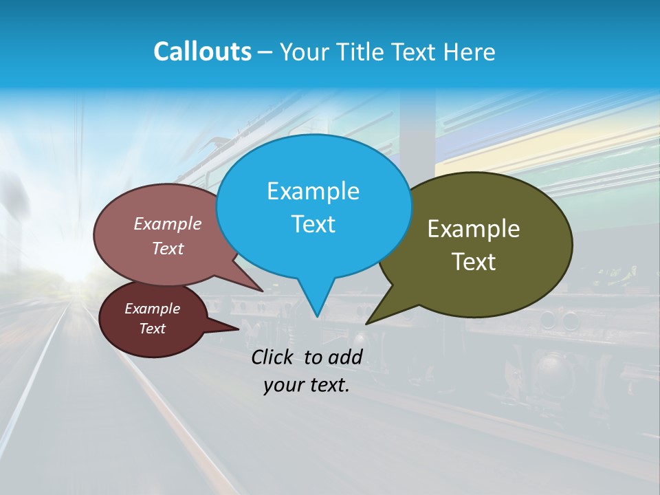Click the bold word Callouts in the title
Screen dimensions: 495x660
coord(202,52)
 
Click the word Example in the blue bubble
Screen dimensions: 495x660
coord(313,191)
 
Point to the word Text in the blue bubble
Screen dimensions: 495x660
coord(313,223)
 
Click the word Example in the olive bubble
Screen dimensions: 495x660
coord(474,229)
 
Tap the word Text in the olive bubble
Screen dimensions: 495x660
coord(474,261)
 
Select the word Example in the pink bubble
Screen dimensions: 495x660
coord(168,223)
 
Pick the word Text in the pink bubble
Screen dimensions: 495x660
coord(168,248)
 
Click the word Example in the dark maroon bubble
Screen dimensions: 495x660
coord(152,309)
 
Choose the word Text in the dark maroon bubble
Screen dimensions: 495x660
coord(152,329)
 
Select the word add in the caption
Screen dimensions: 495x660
coord(345,357)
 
